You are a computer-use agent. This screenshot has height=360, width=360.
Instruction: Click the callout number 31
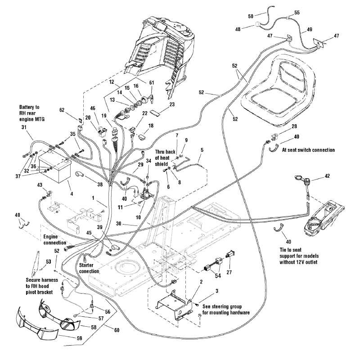pyautogui.click(x=24, y=128)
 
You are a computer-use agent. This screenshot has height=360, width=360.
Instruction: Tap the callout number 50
pyautogui.click(x=251, y=17)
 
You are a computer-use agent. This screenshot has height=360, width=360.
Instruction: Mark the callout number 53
pyautogui.click(x=49, y=261)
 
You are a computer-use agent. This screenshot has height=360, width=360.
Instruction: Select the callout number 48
pyautogui.click(x=238, y=29)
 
